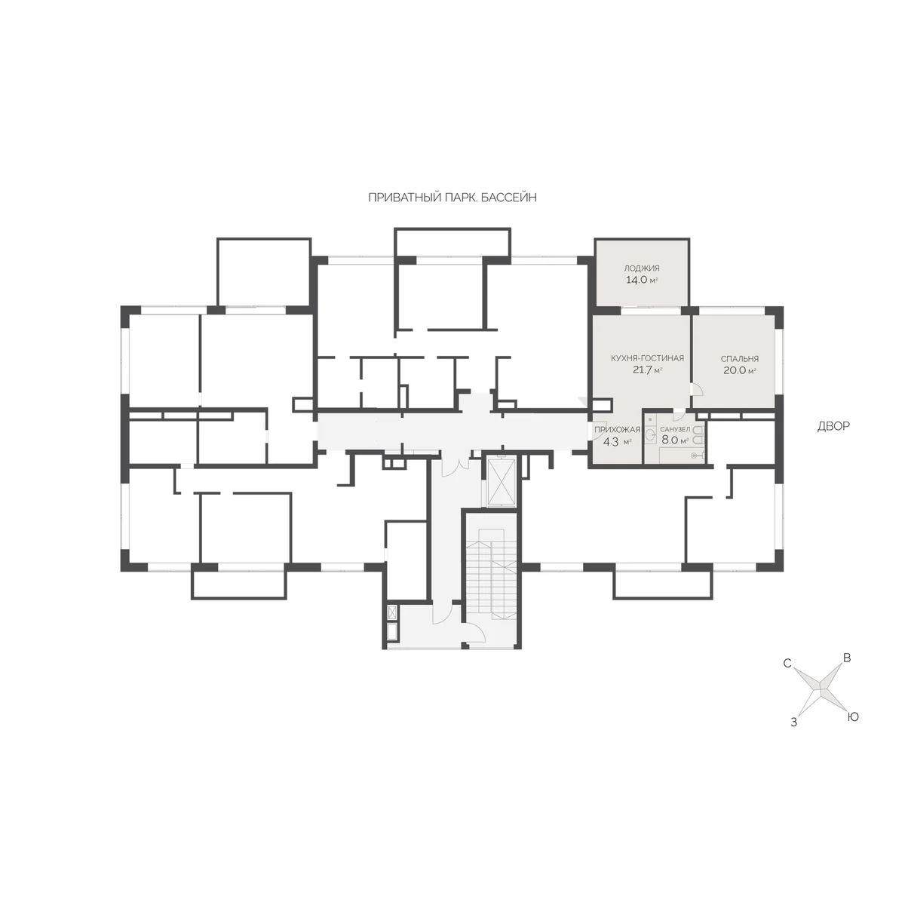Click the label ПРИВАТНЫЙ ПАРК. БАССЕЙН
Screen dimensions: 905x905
(452, 198)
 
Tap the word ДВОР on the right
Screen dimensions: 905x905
(833, 426)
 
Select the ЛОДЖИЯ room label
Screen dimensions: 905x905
(642, 268)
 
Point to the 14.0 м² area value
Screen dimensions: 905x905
(642, 280)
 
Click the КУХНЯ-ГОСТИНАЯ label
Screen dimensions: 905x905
(647, 358)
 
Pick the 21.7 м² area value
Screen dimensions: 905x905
(647, 370)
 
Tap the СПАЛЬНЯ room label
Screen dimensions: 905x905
(740, 359)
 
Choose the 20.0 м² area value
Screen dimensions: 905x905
(740, 370)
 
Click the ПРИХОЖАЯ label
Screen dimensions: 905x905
(617, 430)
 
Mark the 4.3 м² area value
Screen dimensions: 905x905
(617, 441)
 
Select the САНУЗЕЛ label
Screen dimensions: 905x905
(675, 429)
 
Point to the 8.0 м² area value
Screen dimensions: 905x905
(675, 440)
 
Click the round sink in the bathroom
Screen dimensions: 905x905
(651, 435)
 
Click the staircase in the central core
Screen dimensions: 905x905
(491, 572)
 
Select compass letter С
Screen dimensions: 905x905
(787, 664)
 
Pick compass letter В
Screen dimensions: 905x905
(847, 658)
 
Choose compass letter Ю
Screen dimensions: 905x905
(852, 717)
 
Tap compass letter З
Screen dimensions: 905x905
(793, 722)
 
